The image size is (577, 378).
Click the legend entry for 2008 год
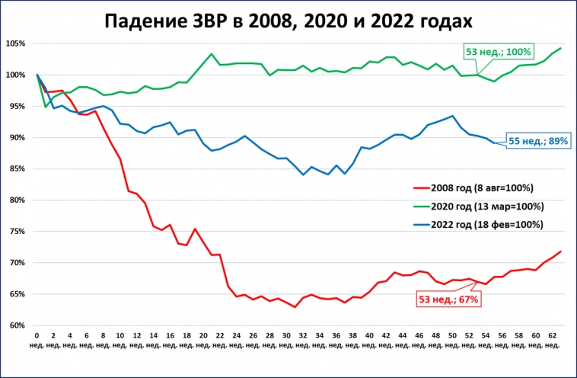477,187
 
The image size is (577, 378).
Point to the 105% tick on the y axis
17,43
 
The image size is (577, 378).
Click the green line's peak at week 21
211,54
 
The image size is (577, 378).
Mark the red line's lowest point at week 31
295,307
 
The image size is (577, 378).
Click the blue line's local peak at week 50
452,116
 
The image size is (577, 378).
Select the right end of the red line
560,251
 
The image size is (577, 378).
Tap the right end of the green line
560,48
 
